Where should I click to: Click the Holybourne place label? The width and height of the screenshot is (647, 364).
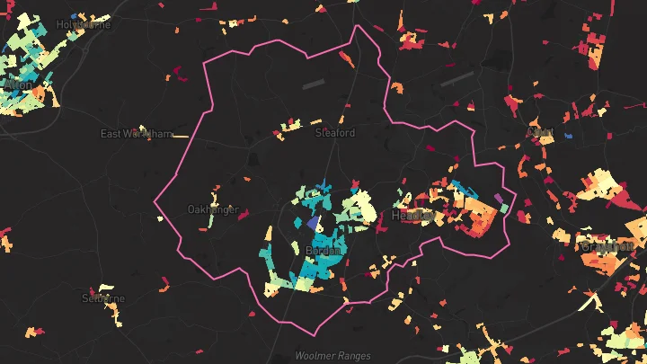click(83, 24)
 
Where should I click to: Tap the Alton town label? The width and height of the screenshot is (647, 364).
click(19, 84)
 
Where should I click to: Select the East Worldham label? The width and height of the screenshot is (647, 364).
click(136, 134)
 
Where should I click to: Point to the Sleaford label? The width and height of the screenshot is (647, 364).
click(334, 133)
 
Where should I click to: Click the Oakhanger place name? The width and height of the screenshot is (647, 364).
click(213, 209)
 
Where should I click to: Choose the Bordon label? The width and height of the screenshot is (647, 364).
click(323, 251)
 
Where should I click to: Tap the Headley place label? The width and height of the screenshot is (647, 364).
click(412, 217)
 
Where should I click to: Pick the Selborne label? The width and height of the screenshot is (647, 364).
click(103, 297)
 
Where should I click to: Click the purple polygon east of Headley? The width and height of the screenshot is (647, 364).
click(499, 198)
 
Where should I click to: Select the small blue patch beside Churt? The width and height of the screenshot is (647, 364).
click(568, 136)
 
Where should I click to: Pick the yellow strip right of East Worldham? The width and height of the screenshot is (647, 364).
click(180, 136)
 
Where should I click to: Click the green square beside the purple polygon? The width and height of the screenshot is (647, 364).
click(505, 208)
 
